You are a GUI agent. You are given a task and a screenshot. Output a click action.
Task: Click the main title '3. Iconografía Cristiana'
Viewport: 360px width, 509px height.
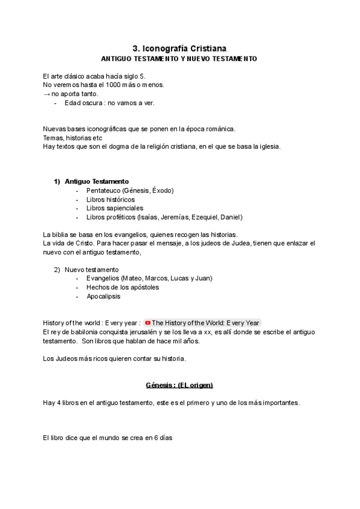click(179, 48)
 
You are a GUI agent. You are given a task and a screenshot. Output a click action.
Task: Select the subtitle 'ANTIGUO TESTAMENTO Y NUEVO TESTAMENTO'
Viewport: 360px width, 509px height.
click(179, 59)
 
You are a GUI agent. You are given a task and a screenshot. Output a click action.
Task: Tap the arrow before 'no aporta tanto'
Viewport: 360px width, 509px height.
click(47, 94)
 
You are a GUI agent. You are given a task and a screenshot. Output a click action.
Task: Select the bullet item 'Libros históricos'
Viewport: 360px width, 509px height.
click(110, 199)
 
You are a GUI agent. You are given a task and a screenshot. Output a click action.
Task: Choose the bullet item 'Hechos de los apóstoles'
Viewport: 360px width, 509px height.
click(122, 288)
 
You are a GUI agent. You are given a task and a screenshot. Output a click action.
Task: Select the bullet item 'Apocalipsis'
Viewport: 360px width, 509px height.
click(103, 297)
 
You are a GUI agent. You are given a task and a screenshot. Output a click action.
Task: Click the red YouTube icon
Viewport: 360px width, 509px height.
click(148, 323)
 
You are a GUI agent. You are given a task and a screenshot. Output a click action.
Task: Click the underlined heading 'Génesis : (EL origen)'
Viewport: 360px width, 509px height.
click(179, 385)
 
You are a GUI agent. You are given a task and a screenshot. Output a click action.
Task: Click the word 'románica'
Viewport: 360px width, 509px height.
click(221, 129)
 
